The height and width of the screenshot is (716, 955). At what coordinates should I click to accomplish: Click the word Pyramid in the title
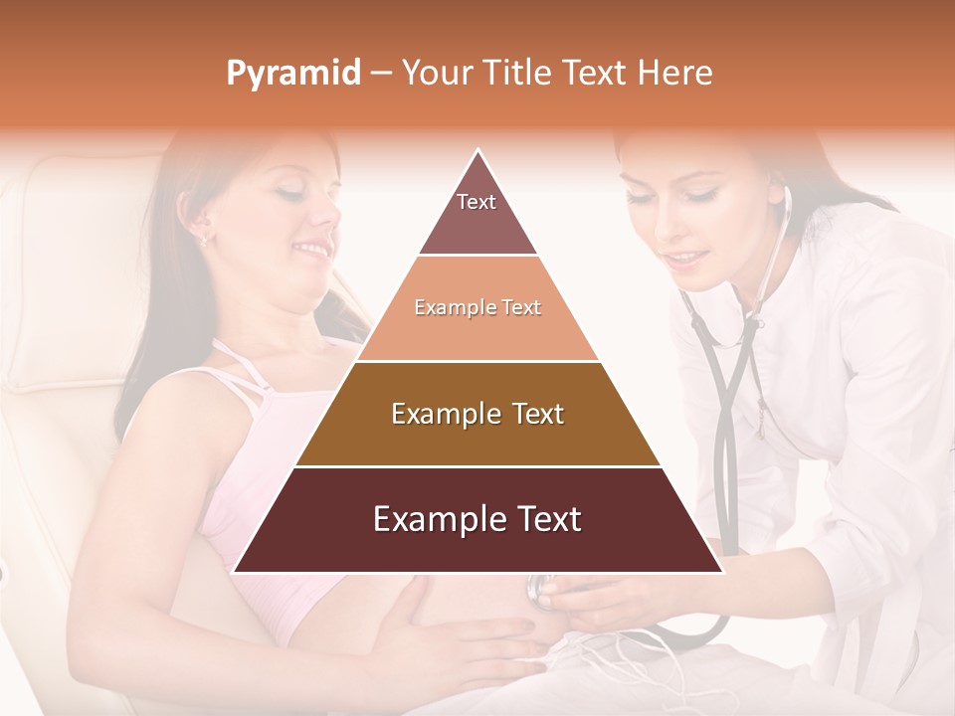tap(292, 73)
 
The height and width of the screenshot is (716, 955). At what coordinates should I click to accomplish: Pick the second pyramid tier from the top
tap(477, 308)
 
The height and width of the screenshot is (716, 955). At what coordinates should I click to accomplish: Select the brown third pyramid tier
tap(477, 414)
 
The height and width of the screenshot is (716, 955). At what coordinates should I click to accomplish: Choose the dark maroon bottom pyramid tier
tap(477, 519)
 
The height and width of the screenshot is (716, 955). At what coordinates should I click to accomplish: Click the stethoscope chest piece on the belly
tap(540, 591)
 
